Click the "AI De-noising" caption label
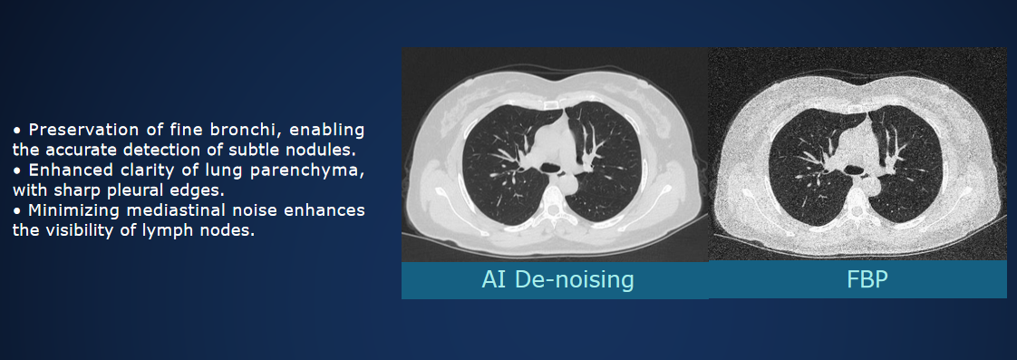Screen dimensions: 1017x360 (x=557, y=279)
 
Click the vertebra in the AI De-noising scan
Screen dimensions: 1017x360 (x=552, y=207)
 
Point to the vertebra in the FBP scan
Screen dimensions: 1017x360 (x=858, y=208)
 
